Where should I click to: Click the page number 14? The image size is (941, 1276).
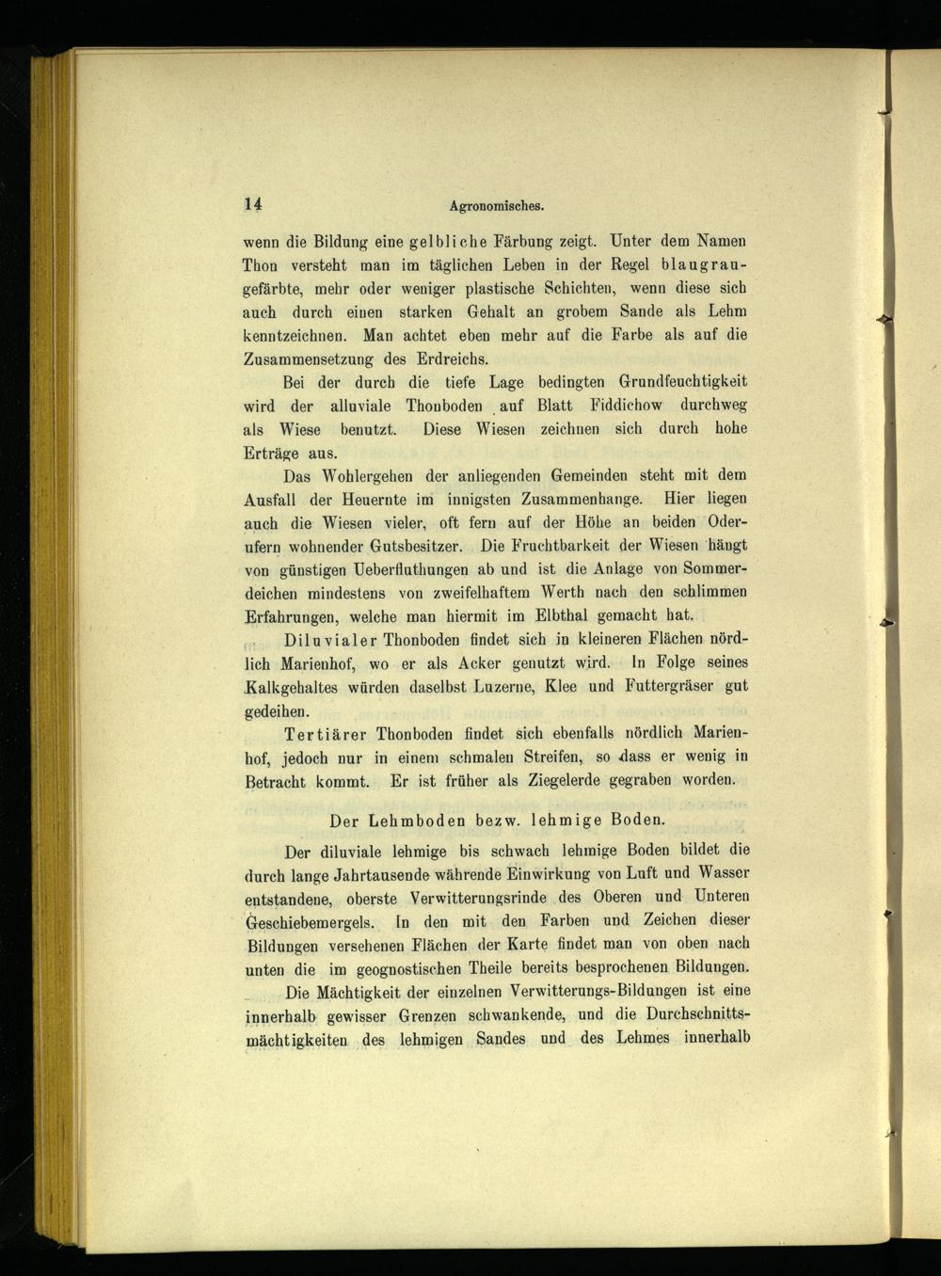253,204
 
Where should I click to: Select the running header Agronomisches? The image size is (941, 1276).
498,206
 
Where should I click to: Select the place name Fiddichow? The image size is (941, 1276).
626,406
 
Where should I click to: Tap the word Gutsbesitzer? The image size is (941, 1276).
416,546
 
